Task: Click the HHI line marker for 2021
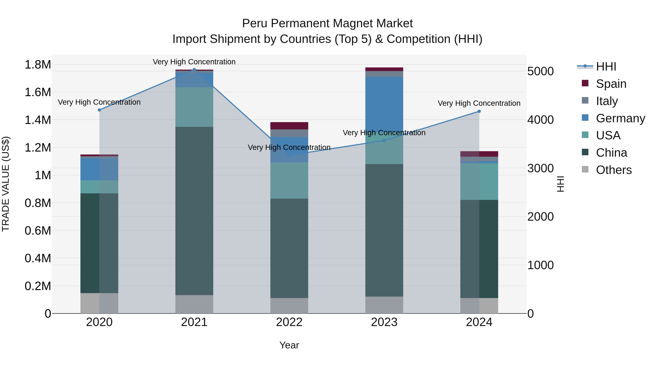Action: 194,69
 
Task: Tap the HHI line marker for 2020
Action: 99,110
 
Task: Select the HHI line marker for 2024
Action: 479,111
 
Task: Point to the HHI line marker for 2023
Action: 384,140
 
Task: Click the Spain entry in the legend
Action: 611,84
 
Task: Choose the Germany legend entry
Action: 620,118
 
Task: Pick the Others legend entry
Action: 614,170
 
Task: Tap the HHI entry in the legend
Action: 606,67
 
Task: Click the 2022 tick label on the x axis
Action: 289,322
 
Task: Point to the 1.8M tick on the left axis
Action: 38,65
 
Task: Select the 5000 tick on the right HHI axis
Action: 540,71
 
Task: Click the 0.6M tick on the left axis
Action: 38,231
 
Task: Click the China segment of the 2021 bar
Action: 194,211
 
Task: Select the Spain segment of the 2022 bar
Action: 289,126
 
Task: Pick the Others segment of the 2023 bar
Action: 384,305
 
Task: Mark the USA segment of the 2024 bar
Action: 479,181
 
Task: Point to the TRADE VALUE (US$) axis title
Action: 6,184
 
